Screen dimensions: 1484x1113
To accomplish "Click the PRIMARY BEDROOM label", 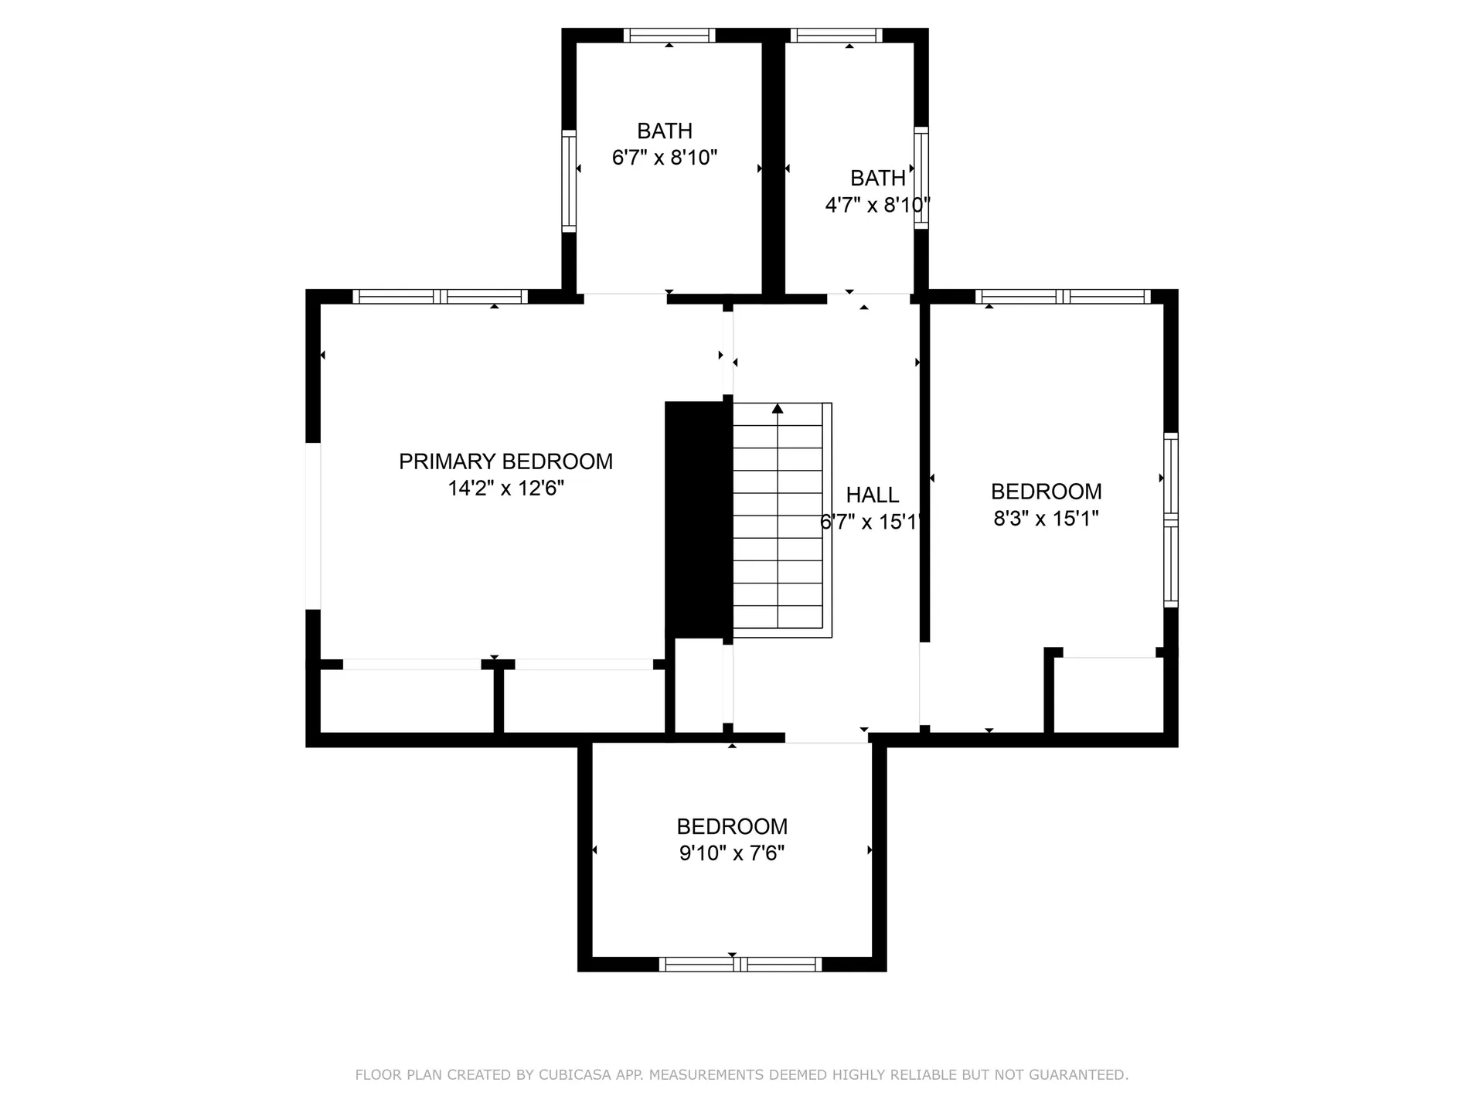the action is click(505, 461).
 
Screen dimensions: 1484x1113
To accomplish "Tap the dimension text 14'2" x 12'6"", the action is click(506, 488).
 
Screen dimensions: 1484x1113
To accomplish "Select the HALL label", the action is click(873, 495).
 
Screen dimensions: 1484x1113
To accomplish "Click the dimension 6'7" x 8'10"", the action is click(665, 158).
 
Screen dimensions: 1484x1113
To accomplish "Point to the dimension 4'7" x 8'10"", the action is click(877, 205).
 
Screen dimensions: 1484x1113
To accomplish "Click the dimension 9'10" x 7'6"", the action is click(732, 853).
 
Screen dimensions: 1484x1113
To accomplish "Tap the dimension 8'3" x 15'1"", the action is click(1046, 518).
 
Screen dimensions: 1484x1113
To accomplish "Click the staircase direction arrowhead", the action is click(778, 408).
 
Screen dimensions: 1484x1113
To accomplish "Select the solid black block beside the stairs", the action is click(699, 519).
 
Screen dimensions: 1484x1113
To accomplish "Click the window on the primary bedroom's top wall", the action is click(441, 296).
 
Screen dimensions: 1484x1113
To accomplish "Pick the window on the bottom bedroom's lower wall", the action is click(740, 964).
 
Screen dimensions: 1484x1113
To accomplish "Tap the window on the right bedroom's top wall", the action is click(1064, 296).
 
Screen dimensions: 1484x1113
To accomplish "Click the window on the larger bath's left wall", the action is click(569, 181).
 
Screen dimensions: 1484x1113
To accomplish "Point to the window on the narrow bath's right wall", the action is click(921, 178).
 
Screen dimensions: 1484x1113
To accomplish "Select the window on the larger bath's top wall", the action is click(669, 36).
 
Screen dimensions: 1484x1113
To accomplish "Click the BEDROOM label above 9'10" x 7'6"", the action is click(732, 826).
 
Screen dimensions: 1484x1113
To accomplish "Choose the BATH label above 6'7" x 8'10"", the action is click(665, 131).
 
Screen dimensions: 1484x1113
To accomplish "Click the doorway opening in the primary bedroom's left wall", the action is click(313, 526).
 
